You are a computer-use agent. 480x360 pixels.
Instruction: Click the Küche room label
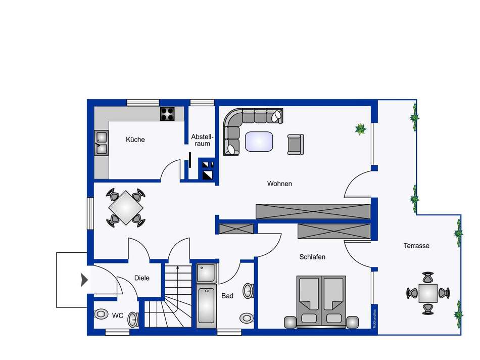pyautogui.click(x=135, y=140)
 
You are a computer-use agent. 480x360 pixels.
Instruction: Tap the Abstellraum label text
pyautogui.click(x=203, y=140)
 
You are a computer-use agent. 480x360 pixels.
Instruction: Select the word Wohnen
pyautogui.click(x=279, y=184)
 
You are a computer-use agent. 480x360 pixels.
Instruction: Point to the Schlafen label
pyautogui.click(x=312, y=257)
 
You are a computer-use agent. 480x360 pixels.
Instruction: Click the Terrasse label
pyautogui.click(x=416, y=246)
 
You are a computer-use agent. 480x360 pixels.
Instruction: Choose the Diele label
pyautogui.click(x=141, y=278)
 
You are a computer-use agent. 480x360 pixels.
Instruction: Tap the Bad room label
pyautogui.click(x=227, y=296)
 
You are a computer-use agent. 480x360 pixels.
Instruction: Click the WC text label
pyautogui.click(x=118, y=316)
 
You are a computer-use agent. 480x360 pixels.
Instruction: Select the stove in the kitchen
pyautogui.click(x=167, y=114)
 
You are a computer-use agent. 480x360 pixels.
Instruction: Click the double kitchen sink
pyautogui.click(x=101, y=142)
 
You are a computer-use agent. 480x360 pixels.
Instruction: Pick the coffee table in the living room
pyautogui.click(x=260, y=141)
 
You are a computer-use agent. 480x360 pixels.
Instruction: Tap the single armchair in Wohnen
pyautogui.click(x=295, y=144)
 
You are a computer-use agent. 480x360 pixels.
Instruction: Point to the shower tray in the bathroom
pyautogui.click(x=206, y=274)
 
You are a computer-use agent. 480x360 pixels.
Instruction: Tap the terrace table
pyautogui.click(x=428, y=293)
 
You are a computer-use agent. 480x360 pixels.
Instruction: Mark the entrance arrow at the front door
pyautogui.click(x=84, y=280)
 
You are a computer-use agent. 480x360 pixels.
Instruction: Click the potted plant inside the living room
pyautogui.click(x=360, y=129)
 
